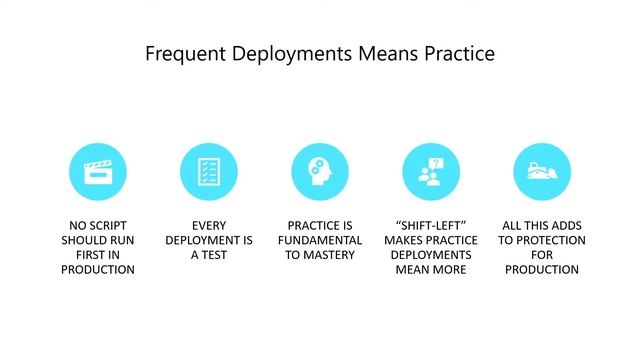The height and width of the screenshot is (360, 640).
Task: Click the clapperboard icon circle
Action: (98, 172)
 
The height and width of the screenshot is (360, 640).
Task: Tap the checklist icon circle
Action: (209, 172)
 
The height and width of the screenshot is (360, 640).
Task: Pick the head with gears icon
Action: (320, 172)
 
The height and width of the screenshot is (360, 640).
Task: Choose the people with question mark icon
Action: (431, 172)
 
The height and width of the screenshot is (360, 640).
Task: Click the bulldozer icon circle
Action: (542, 172)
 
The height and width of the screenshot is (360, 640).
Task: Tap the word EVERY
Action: (209, 226)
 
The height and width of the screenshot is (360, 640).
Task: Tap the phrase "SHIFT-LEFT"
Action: (431, 226)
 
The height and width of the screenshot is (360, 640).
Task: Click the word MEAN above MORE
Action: (414, 269)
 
